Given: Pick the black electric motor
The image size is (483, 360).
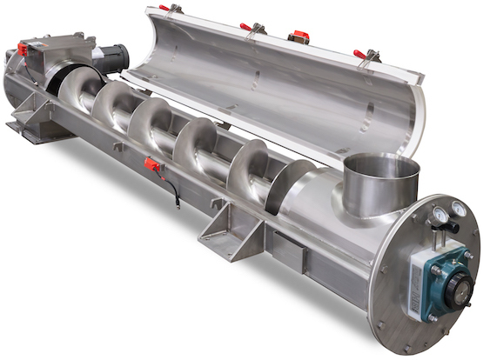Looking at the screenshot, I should click(x=111, y=57).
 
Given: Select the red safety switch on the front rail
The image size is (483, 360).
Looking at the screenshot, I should click(x=151, y=164).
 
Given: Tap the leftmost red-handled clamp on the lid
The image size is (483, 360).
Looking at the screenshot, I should click(x=164, y=8).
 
